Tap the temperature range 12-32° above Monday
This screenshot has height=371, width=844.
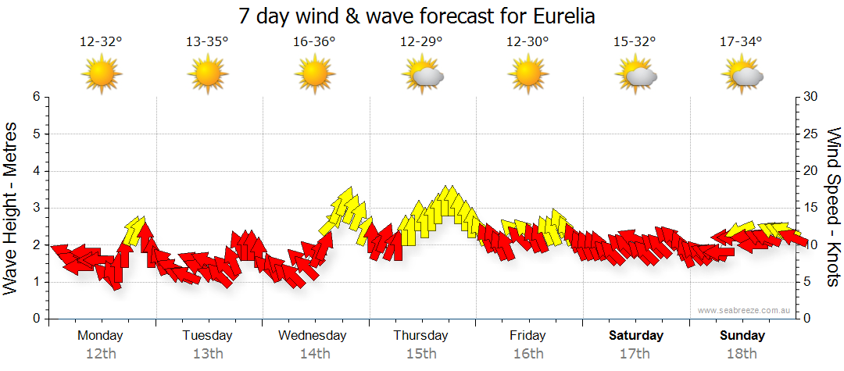tap(101, 42)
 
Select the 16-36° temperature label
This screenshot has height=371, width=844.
tap(314, 42)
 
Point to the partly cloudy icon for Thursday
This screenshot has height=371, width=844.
tap(423, 75)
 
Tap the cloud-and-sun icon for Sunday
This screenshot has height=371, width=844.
tap(742, 75)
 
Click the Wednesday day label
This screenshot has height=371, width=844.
tap(313, 336)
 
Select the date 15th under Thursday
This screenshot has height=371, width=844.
tap(420, 354)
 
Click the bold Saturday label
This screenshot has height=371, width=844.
tap(635, 336)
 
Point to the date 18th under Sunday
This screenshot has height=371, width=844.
tap(742, 354)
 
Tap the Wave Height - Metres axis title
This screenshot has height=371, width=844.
tap(12, 208)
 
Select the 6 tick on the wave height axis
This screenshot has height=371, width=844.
tap(35, 97)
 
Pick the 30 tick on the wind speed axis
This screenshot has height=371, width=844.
tap(812, 97)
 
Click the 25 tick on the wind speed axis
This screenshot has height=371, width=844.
tap(812, 134)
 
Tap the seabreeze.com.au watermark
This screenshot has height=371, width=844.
tap(745, 311)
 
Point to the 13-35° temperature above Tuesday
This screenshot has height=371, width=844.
tap(207, 42)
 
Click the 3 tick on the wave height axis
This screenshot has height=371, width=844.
tap(35, 208)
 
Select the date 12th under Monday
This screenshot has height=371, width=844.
tap(100, 354)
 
